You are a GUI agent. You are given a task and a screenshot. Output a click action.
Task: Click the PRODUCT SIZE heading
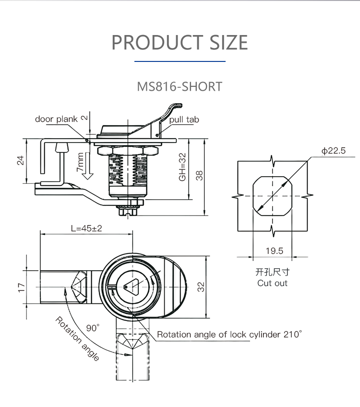[x=180, y=42]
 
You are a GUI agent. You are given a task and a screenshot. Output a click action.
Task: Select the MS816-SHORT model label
[x=180, y=87]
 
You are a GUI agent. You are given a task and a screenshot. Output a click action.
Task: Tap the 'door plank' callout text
[x=56, y=119]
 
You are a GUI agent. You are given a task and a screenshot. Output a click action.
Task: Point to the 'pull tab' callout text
[x=184, y=120]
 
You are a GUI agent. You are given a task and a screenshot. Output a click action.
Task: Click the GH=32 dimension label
[x=182, y=168]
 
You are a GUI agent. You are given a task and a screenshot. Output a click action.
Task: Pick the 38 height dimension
[x=199, y=175]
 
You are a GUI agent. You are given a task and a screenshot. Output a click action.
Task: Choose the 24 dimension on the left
[x=21, y=161]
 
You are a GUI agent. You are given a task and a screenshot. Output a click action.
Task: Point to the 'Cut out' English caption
[x=272, y=283]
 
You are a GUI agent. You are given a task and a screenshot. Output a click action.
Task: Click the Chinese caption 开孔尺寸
[x=272, y=272]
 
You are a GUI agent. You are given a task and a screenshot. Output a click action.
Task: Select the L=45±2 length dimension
[x=87, y=228]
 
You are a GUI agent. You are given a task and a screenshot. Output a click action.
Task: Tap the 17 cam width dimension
[x=21, y=287]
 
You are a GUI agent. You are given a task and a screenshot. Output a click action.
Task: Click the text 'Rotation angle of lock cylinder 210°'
[x=230, y=335]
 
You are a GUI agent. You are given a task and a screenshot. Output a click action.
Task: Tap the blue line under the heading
[x=180, y=61]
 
